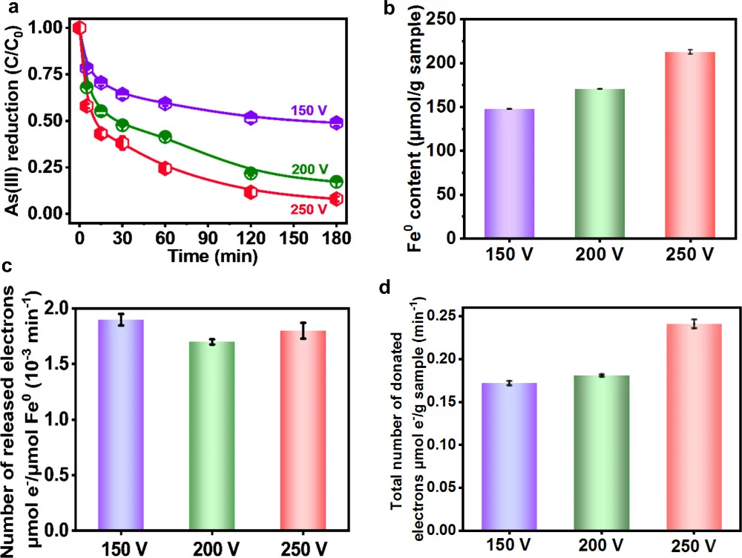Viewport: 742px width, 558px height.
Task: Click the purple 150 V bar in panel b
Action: (x=510, y=174)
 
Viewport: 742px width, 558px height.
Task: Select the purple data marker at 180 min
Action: (x=336, y=123)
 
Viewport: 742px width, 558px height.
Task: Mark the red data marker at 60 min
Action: (x=165, y=168)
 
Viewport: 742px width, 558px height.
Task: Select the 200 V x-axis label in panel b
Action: (x=600, y=255)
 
